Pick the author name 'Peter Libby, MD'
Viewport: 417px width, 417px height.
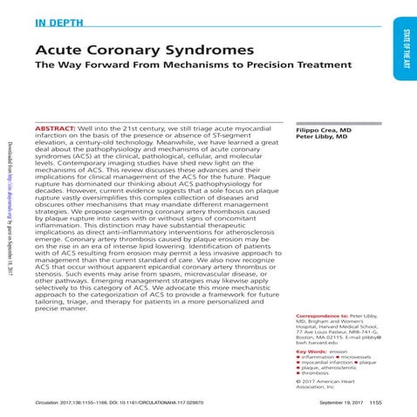pyautogui.click(x=321, y=137)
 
